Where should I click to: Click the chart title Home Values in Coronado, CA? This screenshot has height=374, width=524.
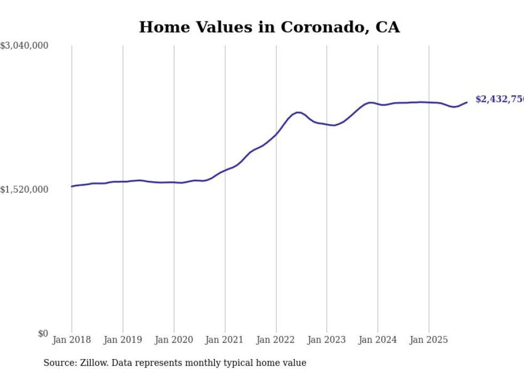tap(269, 27)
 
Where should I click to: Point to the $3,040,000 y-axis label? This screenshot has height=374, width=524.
tap(25, 46)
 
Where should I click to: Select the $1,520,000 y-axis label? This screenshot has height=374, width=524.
tap(25, 189)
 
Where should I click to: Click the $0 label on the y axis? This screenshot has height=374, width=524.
tap(43, 333)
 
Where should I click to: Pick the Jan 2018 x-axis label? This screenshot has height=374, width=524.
tap(72, 340)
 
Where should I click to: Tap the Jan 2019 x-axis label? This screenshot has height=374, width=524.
tap(122, 340)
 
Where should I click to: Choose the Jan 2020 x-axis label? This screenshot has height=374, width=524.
tap(174, 340)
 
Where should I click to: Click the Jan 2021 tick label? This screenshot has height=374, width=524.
tap(225, 340)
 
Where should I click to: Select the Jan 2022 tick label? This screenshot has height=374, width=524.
tap(276, 340)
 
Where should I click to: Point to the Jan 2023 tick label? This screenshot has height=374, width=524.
tap(327, 340)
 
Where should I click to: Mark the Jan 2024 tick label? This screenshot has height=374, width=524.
tap(377, 340)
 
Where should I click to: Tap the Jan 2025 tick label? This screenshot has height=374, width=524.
tap(429, 340)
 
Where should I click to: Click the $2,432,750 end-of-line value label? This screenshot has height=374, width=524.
tap(499, 100)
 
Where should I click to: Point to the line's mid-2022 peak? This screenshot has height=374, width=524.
tap(298, 112)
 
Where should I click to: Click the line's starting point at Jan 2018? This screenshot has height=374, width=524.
tap(72, 186)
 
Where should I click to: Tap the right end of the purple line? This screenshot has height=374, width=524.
tap(467, 102)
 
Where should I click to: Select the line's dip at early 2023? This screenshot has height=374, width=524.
tap(334, 125)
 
